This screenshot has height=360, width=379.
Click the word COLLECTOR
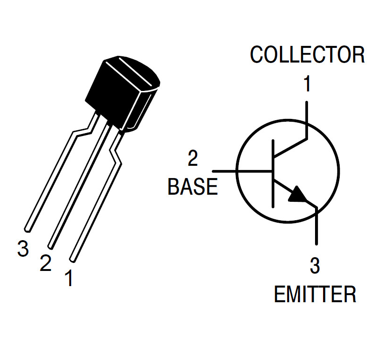coord(307,55)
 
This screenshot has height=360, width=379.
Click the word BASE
coord(193,187)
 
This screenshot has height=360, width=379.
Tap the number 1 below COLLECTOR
coord(307,85)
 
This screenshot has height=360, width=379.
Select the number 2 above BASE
coord(193,160)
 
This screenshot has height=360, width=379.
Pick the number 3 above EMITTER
coord(315,267)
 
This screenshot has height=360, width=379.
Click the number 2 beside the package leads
coord(45,263)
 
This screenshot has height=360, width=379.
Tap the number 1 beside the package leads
coord(69,279)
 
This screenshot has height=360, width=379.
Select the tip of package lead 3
coord(28,229)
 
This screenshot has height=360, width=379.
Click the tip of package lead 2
coord(50,245)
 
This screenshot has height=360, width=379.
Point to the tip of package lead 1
coord(72,259)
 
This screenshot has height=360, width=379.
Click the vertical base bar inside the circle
coord(273,173)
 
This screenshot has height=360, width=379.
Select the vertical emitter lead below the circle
coord(316,227)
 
